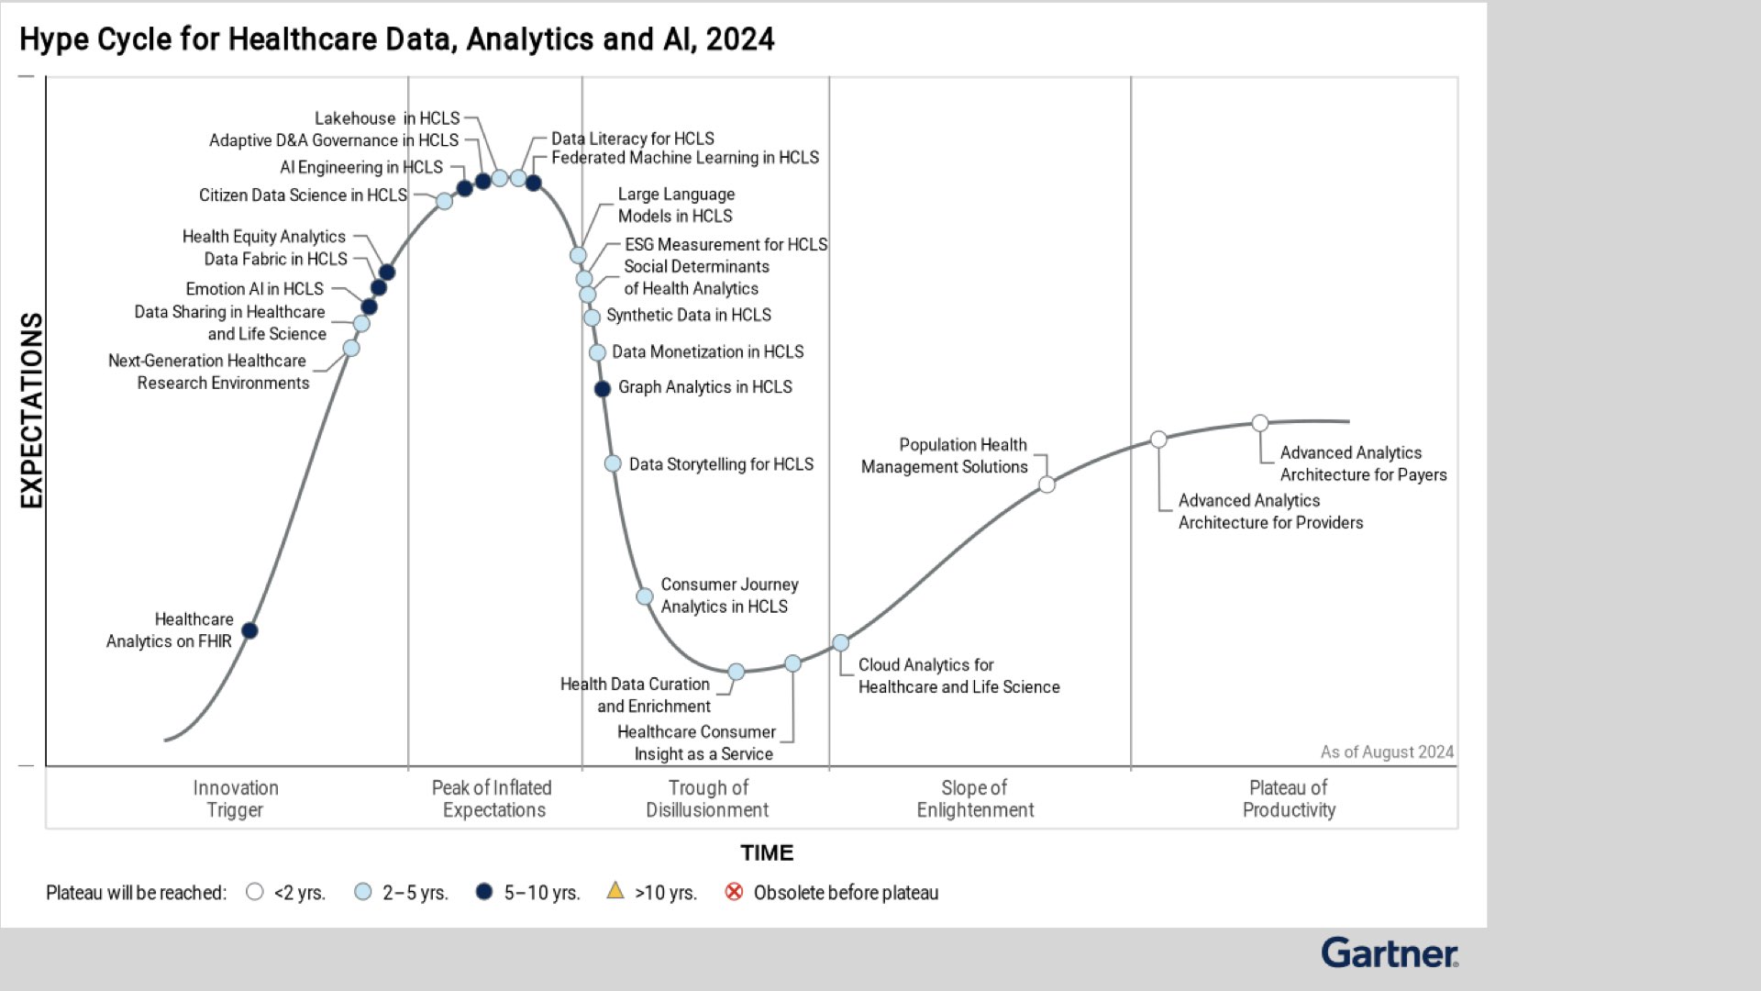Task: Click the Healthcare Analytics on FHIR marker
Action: [x=249, y=630]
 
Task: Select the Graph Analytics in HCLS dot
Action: [x=603, y=389]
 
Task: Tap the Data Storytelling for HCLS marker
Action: [x=613, y=464]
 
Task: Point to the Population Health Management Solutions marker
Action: [x=1047, y=484]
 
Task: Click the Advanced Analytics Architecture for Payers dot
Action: [x=1260, y=423]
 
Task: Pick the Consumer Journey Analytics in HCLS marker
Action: [x=645, y=596]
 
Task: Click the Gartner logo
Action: [x=1389, y=953]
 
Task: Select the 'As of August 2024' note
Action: [x=1387, y=752]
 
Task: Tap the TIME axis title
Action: [x=767, y=853]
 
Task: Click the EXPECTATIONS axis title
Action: [x=32, y=410]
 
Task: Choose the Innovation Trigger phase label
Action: [x=235, y=799]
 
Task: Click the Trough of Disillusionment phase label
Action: [x=707, y=799]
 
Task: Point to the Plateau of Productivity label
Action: [x=1289, y=799]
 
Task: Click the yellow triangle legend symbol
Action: [x=615, y=890]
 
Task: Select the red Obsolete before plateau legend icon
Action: [x=734, y=892]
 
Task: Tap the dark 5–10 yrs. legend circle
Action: [x=484, y=892]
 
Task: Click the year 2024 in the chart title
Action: [x=740, y=39]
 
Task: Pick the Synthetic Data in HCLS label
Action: [x=689, y=316]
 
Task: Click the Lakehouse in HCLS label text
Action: [x=387, y=118]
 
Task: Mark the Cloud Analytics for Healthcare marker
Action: [x=840, y=643]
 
